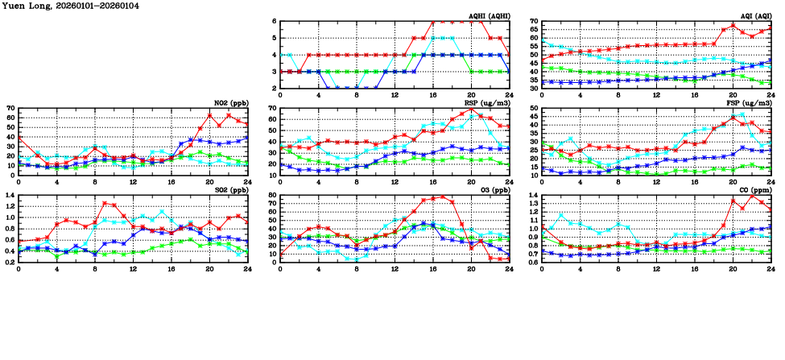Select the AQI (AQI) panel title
coord(754,16)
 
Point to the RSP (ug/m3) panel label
coord(486,103)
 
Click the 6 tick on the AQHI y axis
coord(275,21)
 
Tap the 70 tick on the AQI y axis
coord(534,21)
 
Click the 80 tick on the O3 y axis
coord(272,195)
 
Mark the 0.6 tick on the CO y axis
coord(532,262)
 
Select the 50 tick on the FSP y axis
coord(534,108)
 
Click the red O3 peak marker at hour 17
coord(442,197)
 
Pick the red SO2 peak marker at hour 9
coord(105,204)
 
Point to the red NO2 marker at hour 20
coord(209,115)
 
